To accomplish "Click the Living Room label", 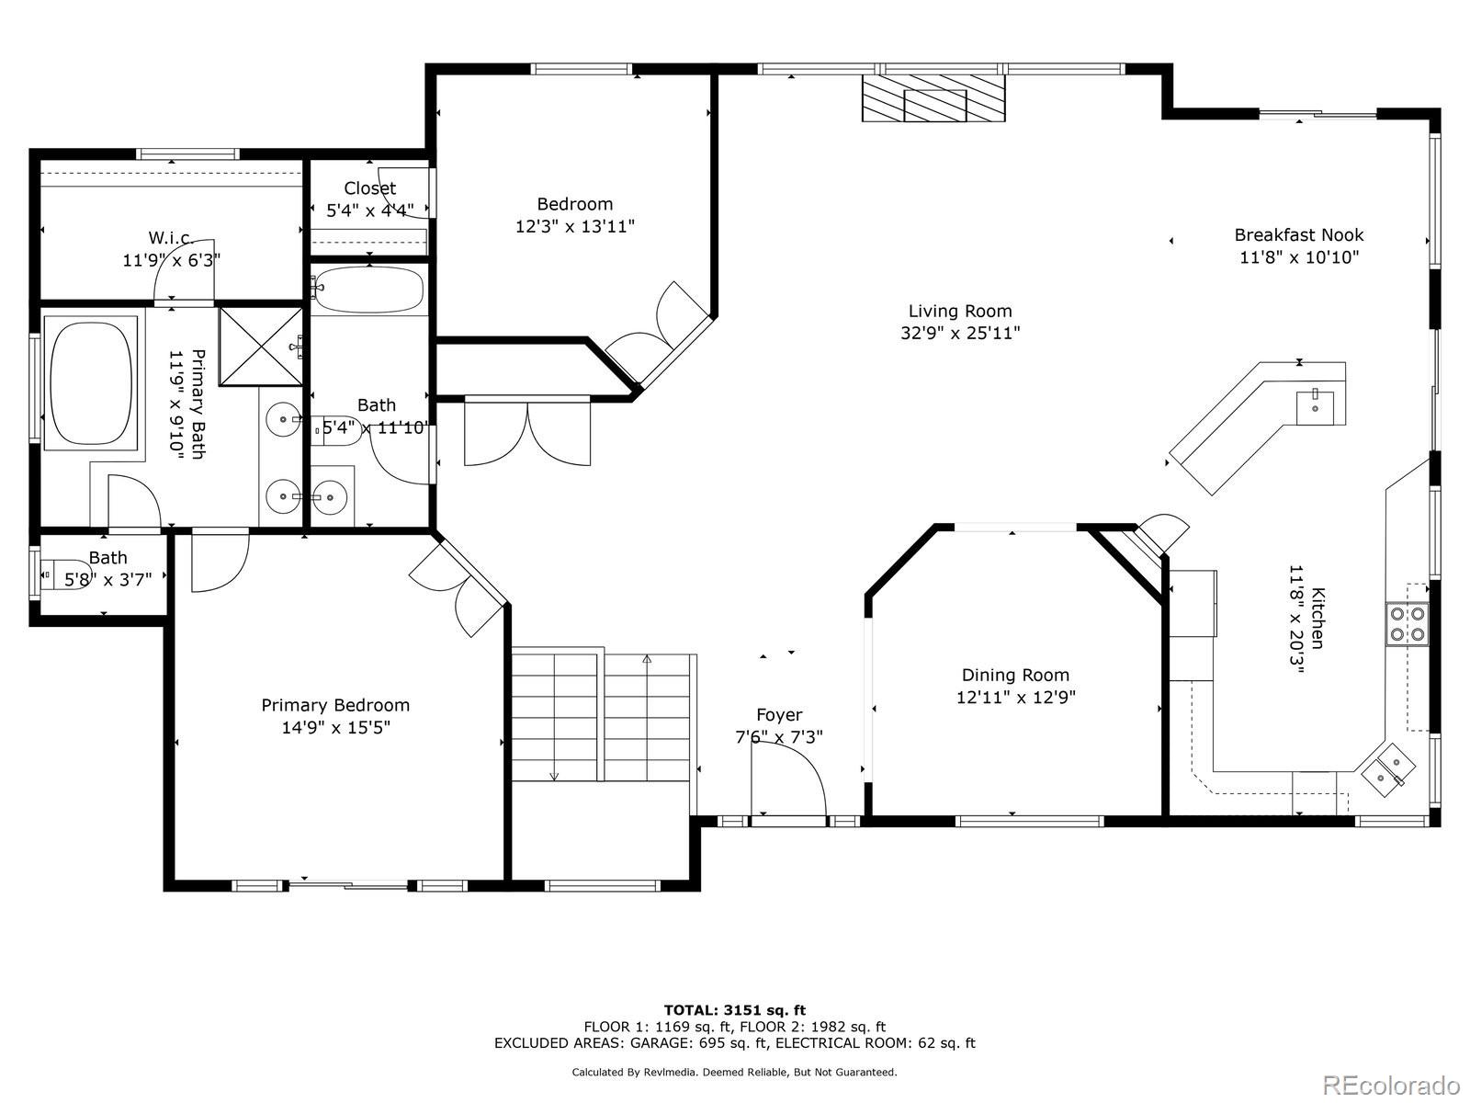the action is point(960,311).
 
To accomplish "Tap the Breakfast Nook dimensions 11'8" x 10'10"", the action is point(1298,257).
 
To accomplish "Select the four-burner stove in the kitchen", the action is point(1407,623).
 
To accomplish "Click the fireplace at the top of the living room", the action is point(933,97).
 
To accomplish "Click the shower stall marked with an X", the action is point(261,347).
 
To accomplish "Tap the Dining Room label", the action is point(1015,675).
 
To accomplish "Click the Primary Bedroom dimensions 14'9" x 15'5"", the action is point(335,727).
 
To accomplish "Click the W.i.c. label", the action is point(172,238).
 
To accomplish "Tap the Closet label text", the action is point(369,188).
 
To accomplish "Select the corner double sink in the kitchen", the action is point(1388,770).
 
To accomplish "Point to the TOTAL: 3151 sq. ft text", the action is point(735,1010).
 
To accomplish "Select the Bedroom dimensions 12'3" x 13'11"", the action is point(574,226).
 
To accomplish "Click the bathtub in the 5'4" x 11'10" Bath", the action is point(369,290).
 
